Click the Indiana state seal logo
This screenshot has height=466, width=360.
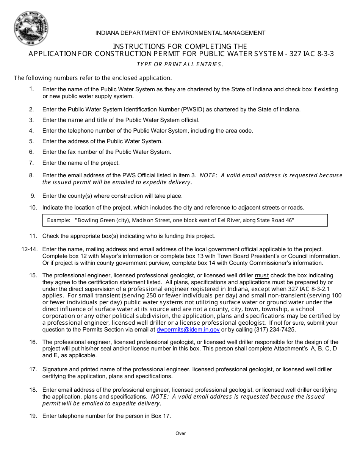coord(31,28)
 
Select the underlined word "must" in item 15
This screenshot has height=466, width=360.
coord(262,275)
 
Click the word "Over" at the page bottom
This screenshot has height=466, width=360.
coord(180,433)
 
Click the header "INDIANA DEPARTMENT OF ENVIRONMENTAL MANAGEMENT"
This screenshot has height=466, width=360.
coord(180,33)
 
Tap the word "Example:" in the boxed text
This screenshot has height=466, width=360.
coord(59,220)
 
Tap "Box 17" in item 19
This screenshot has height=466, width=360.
coord(161,416)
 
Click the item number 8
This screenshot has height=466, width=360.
coord(32,175)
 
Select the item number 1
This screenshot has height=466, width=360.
coord(32,89)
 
